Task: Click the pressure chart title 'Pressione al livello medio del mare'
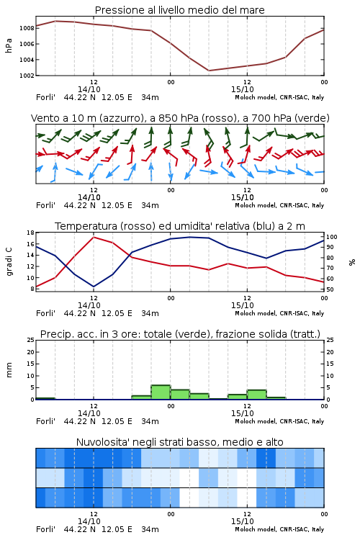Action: pyautogui.click(x=179, y=10)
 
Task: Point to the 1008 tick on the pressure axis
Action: pyautogui.click(x=27, y=28)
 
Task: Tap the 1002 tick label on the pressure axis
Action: pyautogui.click(x=27, y=76)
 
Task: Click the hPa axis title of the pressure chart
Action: pyautogui.click(x=9, y=45)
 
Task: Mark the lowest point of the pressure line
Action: pyautogui.click(x=209, y=71)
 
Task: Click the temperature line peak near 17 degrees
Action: pyautogui.click(x=94, y=237)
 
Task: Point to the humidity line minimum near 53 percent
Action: pyautogui.click(x=94, y=287)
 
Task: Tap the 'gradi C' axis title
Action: pyautogui.click(x=9, y=261)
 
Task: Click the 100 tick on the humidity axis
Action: pyautogui.click(x=332, y=237)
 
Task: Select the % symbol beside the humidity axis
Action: pyautogui.click(x=352, y=262)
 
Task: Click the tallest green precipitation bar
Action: pyautogui.click(x=161, y=392)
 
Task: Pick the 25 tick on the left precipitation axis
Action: pyautogui.click(x=31, y=340)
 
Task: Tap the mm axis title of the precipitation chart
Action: pyautogui.click(x=9, y=370)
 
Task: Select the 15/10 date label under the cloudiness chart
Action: pyautogui.click(x=242, y=521)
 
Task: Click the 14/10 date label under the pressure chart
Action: pyautogui.click(x=89, y=89)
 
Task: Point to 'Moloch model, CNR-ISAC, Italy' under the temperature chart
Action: pyautogui.click(x=279, y=313)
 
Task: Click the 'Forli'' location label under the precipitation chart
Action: pyautogui.click(x=45, y=421)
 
